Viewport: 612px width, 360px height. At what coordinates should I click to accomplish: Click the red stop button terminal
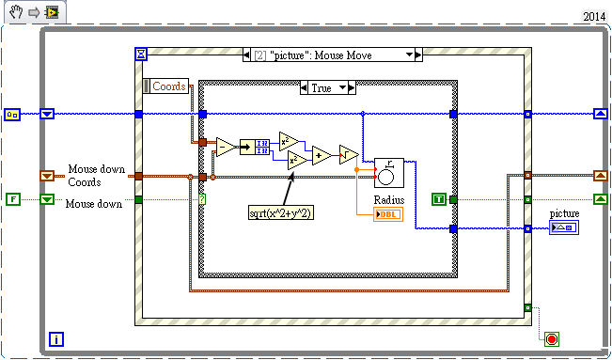552,339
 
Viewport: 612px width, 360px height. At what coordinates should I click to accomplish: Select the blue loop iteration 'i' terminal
56,339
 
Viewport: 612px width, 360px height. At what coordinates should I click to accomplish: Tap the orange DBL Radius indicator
388,215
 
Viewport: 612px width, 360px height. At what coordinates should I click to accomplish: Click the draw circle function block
389,173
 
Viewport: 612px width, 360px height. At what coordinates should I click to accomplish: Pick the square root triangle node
348,155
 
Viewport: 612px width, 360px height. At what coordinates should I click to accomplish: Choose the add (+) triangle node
322,155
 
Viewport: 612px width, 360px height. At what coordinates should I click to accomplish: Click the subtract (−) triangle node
226,148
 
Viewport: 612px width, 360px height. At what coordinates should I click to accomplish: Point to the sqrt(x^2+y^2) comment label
281,212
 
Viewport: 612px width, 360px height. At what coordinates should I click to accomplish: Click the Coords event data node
165,86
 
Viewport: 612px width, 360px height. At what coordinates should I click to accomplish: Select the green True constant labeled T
439,199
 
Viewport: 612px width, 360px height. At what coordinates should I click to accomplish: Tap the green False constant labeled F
13,199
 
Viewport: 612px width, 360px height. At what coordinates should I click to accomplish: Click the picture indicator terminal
564,227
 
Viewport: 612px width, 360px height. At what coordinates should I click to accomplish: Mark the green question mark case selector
202,199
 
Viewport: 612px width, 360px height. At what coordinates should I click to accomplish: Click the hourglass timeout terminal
141,54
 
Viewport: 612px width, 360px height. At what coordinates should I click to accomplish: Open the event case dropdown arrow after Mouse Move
409,55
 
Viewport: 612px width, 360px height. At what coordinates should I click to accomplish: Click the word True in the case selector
322,88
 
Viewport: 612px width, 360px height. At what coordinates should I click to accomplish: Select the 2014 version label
593,17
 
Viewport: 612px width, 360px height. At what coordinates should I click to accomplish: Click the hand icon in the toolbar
17,12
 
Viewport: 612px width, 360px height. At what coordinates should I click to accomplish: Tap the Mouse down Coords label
97,176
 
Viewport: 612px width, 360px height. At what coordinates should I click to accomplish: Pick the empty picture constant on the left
12,115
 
